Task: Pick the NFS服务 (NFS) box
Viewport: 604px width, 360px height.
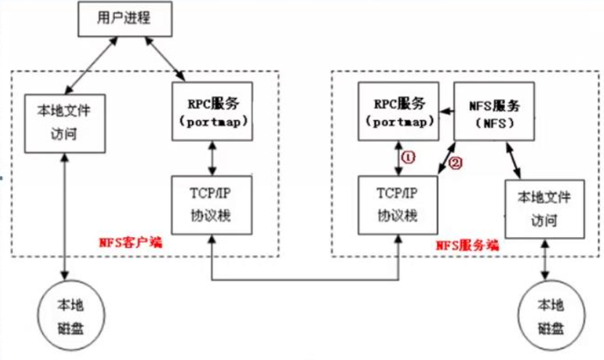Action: point(494,110)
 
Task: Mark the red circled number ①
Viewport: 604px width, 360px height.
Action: point(409,157)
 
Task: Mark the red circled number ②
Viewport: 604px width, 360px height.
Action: point(455,163)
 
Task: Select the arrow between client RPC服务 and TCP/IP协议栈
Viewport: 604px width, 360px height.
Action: point(211,157)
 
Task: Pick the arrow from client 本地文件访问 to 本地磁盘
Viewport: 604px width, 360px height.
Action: point(66,218)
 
